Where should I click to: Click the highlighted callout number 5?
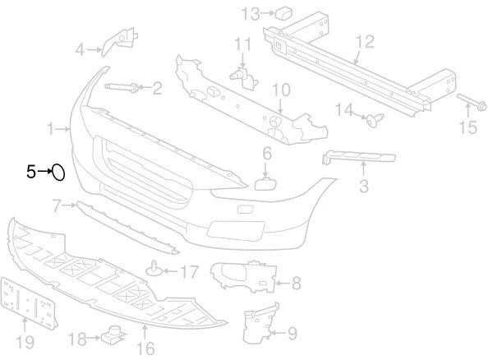31,172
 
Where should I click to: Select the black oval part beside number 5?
58,173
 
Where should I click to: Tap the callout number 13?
251,13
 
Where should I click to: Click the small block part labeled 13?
283,12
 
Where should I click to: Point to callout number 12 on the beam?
366,41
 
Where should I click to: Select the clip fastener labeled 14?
375,119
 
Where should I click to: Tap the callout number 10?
281,90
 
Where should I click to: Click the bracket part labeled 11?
244,78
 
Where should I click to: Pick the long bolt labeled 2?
122,87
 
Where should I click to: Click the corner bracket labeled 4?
120,41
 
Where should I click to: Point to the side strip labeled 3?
359,157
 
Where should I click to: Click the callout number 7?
57,205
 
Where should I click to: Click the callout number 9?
292,333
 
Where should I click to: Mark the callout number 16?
145,348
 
